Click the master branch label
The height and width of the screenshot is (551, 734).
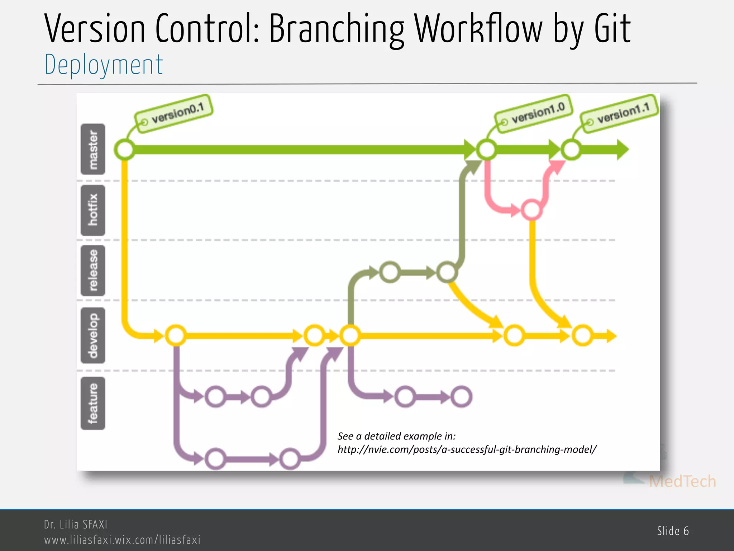[x=93, y=149]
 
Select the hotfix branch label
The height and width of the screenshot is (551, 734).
[x=93, y=210]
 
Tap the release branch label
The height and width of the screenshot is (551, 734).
[x=93, y=270]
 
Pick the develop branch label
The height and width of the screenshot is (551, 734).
[x=93, y=335]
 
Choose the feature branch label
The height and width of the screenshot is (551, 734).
[x=93, y=403]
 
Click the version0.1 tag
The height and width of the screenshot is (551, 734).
[x=174, y=113]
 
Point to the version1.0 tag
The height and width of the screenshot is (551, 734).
[x=534, y=114]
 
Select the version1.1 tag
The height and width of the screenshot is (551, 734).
[x=620, y=113]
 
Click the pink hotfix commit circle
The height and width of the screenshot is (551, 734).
[x=532, y=210]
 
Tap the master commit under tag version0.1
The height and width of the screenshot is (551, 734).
[x=125, y=150]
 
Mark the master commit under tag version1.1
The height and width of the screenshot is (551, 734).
[x=571, y=150]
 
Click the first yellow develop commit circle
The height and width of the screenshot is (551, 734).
[x=176, y=336]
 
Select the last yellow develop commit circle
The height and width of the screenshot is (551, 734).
[x=582, y=336]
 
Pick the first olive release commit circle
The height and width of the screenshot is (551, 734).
[x=390, y=273]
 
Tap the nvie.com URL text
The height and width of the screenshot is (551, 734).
[x=467, y=449]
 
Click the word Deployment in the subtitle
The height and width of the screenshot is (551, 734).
[x=104, y=65]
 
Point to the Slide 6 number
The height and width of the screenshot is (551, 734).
[x=673, y=531]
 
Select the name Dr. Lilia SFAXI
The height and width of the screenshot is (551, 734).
[x=76, y=524]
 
